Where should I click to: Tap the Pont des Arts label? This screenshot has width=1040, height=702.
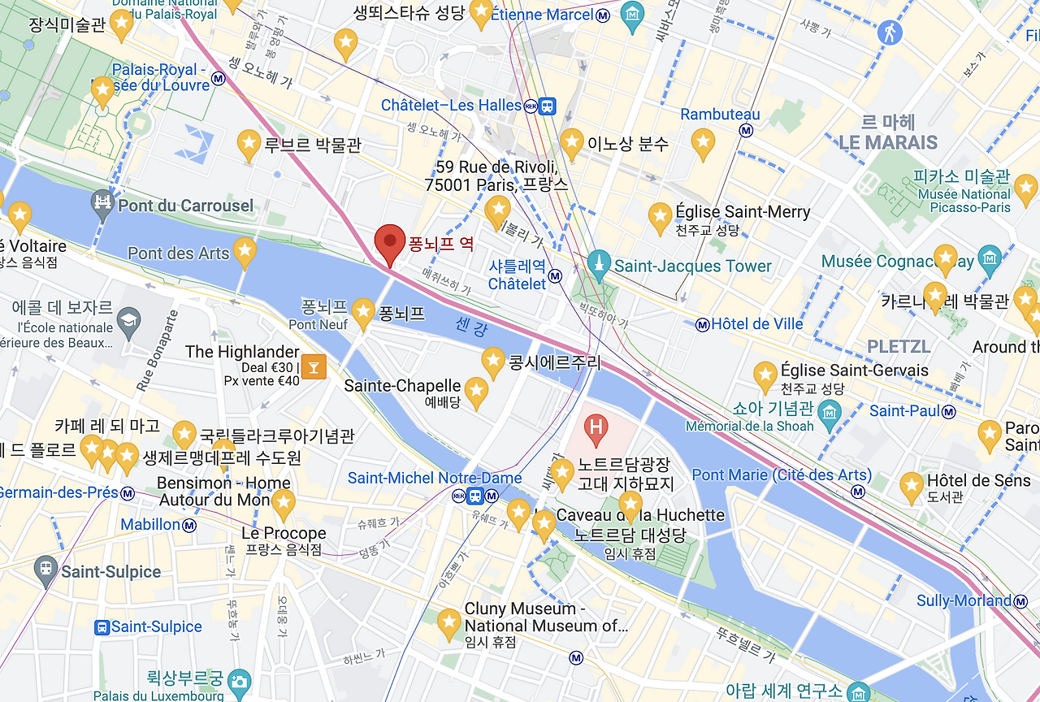179,253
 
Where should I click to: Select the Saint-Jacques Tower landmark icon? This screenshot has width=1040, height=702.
599,265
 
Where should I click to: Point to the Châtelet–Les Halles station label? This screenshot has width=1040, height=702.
451,106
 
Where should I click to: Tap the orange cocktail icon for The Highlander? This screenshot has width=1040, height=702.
313,366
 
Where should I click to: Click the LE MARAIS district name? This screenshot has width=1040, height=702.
887,143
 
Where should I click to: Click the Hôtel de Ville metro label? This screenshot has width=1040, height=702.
756,324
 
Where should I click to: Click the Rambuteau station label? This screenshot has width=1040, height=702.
720,115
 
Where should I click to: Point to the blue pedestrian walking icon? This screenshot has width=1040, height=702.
890,33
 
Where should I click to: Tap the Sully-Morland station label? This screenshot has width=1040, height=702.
964,601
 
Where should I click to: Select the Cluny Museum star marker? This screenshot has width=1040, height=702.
448,623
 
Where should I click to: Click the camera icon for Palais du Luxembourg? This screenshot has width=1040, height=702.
239,682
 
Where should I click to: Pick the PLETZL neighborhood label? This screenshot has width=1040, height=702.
899,347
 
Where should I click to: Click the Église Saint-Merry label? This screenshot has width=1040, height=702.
743,212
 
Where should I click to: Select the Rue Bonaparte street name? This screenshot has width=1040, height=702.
158,351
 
